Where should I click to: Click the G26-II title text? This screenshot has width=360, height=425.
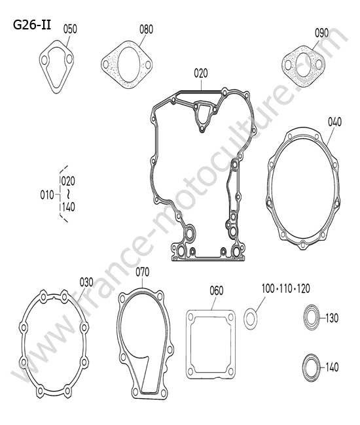click(x=32, y=25)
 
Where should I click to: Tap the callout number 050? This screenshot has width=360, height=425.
click(x=70, y=29)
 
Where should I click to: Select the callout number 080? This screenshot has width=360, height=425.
click(x=146, y=29)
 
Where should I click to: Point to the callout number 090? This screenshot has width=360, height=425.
click(x=321, y=33)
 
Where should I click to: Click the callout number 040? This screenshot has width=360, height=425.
click(x=334, y=122)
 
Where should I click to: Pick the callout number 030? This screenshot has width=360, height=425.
click(x=86, y=282)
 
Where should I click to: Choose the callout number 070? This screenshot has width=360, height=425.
click(x=143, y=272)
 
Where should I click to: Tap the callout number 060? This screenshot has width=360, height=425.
click(x=217, y=290)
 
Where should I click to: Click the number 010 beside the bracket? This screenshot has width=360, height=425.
click(x=47, y=195)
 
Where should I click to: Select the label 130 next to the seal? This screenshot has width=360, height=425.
click(x=332, y=318)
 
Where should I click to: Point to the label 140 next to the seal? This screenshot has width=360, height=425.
click(x=332, y=367)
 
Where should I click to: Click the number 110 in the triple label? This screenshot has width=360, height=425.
click(x=285, y=289)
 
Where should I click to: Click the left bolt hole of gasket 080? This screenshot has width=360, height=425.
click(x=105, y=65)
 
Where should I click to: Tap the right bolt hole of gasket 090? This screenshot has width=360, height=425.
click(x=319, y=65)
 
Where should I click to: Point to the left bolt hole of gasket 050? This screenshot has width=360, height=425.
click(x=44, y=60)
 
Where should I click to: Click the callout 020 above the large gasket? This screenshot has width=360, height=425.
click(x=201, y=73)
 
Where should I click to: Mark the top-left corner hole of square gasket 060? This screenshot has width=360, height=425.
click(x=190, y=316)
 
